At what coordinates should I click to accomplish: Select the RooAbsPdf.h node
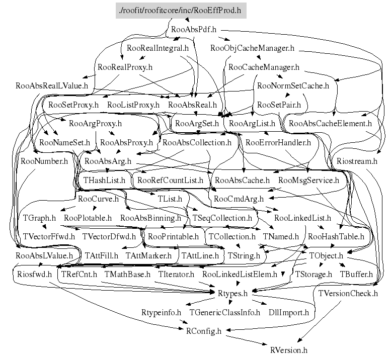pos(194,30)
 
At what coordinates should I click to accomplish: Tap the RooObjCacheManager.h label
pos(252,49)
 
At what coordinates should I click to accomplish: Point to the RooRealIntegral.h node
pos(158,49)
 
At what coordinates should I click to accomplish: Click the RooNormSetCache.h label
pos(293,86)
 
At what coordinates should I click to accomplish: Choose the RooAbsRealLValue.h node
pos(52,86)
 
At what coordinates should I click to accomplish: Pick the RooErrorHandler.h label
pos(278,142)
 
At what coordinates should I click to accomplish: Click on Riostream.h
pos(356,161)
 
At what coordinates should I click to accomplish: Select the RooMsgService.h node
pos(308,180)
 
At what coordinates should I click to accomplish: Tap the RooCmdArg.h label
pos(239,199)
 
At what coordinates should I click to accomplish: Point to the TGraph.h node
pos(39,218)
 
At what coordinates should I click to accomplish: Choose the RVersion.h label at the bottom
pos(288,350)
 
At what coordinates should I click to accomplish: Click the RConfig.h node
pos(203,331)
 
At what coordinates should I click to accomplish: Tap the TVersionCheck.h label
pos(348,293)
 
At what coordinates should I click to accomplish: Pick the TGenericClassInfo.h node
pos(224,312)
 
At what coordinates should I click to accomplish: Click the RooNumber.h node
pos(44,161)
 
